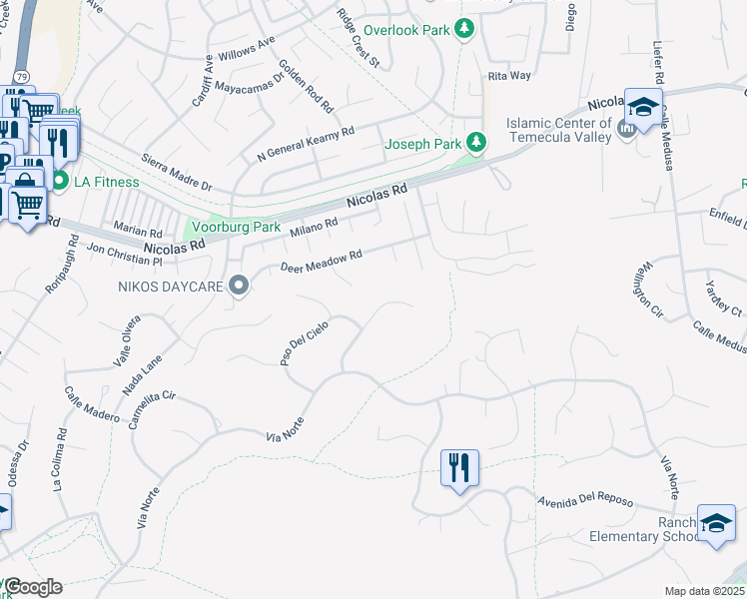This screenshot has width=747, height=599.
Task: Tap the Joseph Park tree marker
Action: point(477,143)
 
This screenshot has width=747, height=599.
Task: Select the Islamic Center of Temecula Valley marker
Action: point(627,129)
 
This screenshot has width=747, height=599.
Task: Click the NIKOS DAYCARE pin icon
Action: point(239,287)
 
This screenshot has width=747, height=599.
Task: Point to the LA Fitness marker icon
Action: point(59,182)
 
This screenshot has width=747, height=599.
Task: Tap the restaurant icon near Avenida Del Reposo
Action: point(459,466)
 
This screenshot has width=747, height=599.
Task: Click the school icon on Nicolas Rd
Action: point(643,106)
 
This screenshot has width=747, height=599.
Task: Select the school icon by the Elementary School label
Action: point(715,524)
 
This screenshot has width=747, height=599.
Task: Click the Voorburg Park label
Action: point(236,227)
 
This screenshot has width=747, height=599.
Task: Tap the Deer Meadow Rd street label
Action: point(320,263)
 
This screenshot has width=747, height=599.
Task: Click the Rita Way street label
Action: point(509,76)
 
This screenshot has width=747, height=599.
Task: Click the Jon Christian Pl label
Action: point(124,255)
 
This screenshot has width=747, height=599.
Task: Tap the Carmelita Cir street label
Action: point(153,409)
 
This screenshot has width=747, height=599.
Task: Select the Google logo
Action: point(33,587)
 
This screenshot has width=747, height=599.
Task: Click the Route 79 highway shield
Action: point(22,76)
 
